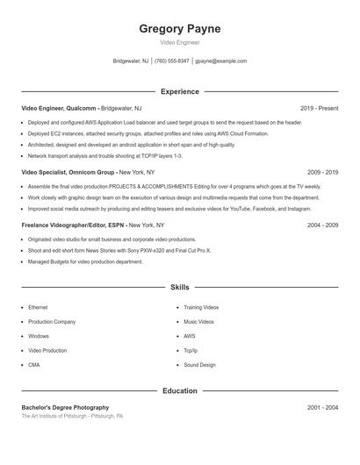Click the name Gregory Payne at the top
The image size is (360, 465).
pos(180,29)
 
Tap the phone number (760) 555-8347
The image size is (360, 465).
pos(172,61)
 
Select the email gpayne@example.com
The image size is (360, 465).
pos(220,61)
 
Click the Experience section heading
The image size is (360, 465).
pos(180,91)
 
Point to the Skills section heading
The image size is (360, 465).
pos(180,287)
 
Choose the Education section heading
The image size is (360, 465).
pos(180,390)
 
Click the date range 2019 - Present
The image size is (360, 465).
pos(319,108)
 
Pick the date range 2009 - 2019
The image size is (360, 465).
pos(322,173)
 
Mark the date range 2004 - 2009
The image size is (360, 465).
pos(322,225)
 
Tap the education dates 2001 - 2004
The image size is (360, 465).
pos(322,408)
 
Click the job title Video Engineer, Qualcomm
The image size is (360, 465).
pos(59,108)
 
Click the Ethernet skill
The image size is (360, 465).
pos(38,308)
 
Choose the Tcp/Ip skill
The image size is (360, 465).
pos(191,351)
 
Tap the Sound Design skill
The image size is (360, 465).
pos(199,365)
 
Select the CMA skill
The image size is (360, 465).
pos(34,365)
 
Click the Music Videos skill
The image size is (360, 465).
pos(198,322)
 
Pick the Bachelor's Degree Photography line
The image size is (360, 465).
pos(65,408)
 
